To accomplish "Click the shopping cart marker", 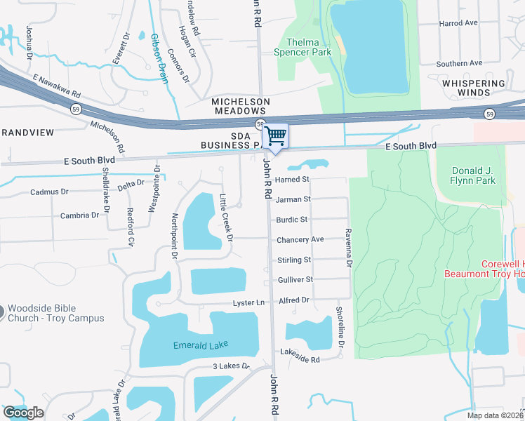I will (276, 135).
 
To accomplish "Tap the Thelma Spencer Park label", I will (312, 47).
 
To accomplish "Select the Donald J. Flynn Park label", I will (464, 175).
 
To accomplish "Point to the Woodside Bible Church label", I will (55, 313).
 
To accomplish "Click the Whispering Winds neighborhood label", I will (474, 88).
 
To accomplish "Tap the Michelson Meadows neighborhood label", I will (241, 107).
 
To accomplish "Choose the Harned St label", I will (292, 180).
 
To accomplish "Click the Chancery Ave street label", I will (300, 239).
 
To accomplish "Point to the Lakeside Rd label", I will (300, 359).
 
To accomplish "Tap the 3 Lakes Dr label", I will (232, 366).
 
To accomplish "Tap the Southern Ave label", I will (459, 63).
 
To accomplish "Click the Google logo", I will (24, 412).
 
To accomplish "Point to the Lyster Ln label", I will (249, 303).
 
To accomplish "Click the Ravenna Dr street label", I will (347, 248).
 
